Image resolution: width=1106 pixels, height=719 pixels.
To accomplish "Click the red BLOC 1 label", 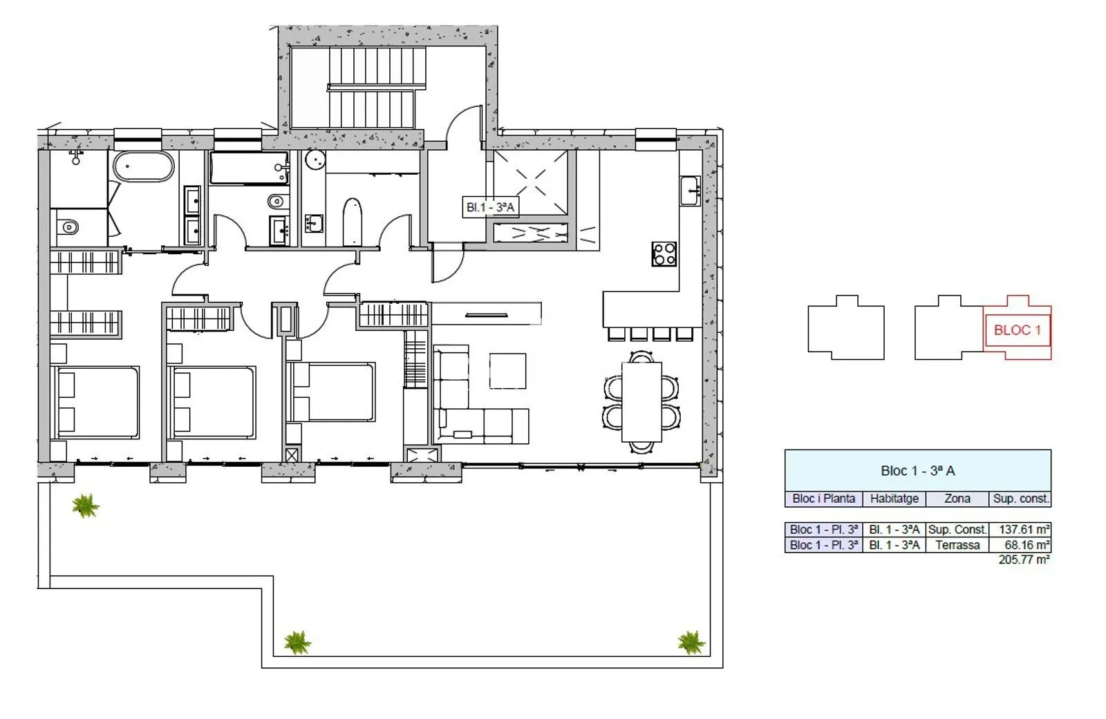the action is tap(1017, 330).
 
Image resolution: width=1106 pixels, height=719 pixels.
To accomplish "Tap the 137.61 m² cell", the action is tap(1020, 530).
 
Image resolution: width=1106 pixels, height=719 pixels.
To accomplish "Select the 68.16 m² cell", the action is tap(1020, 545).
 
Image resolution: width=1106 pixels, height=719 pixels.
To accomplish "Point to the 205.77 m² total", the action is tap(1024, 559).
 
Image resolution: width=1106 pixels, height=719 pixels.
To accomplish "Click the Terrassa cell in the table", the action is tap(957, 545).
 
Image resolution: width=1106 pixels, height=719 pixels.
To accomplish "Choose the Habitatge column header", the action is tap(894, 499).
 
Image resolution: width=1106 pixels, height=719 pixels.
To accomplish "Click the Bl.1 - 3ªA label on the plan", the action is tap(490, 207).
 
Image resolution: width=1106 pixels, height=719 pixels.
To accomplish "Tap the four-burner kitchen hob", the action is tap(664, 254).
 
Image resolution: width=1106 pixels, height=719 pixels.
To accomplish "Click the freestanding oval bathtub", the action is tap(144, 166).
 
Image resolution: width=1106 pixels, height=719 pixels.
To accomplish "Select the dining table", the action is tap(641, 402).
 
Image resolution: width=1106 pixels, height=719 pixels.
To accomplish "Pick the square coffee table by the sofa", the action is tap(507, 371).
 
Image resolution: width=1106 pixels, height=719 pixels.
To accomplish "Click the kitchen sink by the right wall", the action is tap(690, 191).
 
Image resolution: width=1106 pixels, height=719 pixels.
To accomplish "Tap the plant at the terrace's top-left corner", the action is tap(86, 506).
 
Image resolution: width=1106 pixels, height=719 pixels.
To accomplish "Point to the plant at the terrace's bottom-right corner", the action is tap(691, 642).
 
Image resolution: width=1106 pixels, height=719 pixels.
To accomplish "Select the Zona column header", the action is tap(957, 499).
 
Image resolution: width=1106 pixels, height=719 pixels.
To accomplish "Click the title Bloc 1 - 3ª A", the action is tap(918, 471).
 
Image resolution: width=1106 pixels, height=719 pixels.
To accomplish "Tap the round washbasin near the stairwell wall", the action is tap(315, 160).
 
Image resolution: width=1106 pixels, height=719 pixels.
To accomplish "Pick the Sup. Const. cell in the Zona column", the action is tap(957, 530).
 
